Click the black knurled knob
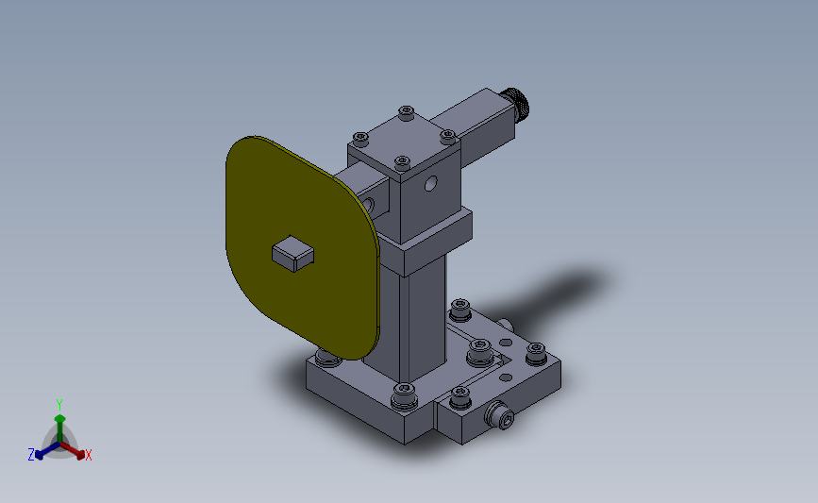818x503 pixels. [515, 104]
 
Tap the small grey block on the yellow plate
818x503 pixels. [292, 254]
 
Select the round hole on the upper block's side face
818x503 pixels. [430, 184]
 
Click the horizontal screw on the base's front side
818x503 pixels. [501, 415]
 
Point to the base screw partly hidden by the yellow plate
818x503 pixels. [326, 358]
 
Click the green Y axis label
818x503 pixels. [58, 405]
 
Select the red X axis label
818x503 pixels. [88, 455]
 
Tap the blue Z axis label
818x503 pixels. [31, 455]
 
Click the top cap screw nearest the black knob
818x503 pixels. [447, 137]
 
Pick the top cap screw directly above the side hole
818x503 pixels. [402, 163]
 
